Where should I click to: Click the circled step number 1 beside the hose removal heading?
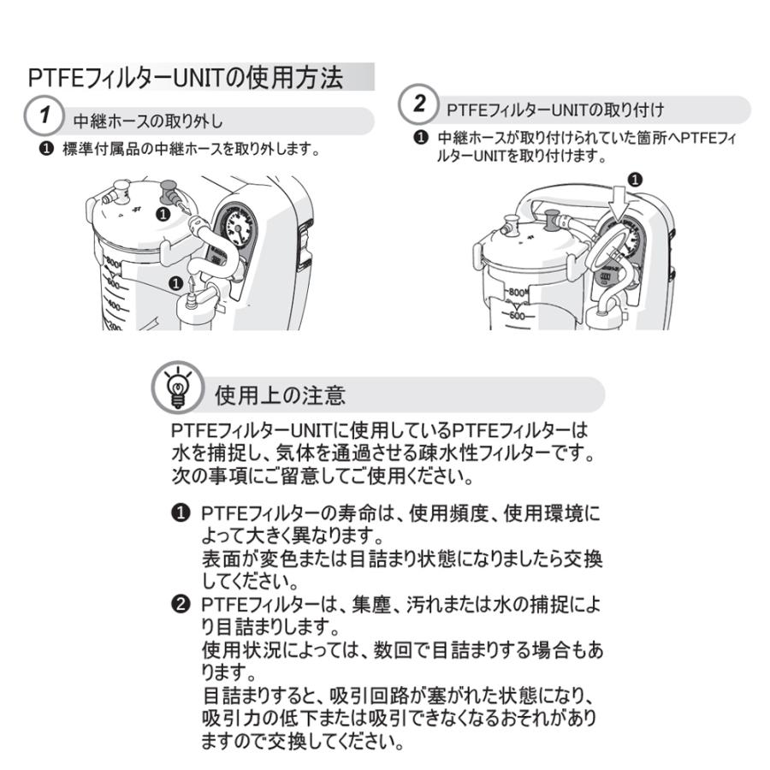click(x=44, y=115)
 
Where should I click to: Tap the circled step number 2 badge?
click(x=418, y=104)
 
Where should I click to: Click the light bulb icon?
click(x=177, y=388)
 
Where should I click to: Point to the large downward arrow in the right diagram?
click(x=622, y=203)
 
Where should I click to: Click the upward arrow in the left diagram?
click(x=192, y=283)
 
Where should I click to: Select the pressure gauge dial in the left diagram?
click(x=237, y=227)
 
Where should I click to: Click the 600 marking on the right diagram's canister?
click(x=517, y=315)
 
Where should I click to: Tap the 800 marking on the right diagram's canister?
click(x=517, y=293)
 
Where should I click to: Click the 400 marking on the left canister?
click(x=114, y=305)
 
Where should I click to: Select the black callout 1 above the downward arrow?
click(x=635, y=180)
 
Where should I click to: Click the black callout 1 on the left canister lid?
click(x=163, y=214)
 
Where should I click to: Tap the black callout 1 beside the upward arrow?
click(x=175, y=283)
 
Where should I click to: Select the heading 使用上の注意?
click(x=280, y=395)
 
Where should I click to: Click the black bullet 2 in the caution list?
click(x=181, y=604)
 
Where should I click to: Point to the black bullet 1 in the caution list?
click(x=181, y=513)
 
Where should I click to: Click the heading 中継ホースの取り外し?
click(x=148, y=121)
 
